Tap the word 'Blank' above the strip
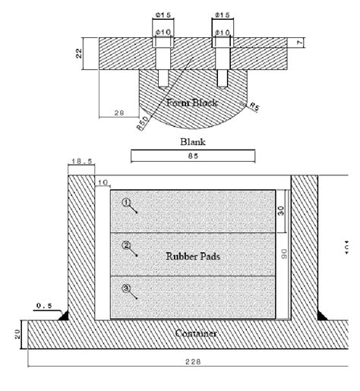[x=192, y=141]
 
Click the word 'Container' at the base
[x=196, y=333]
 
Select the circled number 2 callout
[x=127, y=246]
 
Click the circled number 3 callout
[x=127, y=289]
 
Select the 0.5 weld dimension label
[x=44, y=306]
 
